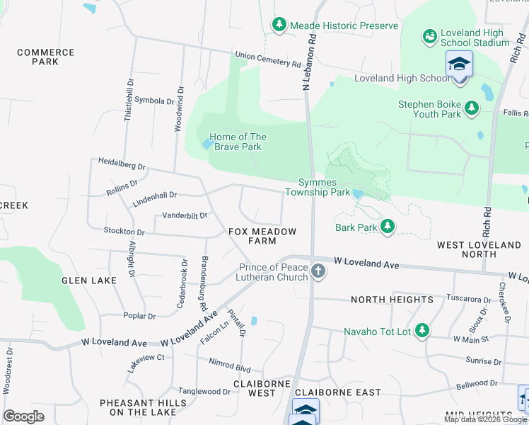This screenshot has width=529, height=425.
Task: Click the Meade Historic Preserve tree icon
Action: (x=279, y=25)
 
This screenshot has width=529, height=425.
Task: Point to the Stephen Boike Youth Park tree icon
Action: (x=471, y=108)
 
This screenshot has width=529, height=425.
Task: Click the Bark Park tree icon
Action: (x=387, y=227)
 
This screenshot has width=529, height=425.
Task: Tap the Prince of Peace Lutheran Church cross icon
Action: (x=318, y=271)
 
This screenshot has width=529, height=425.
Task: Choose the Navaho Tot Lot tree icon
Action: (x=422, y=331)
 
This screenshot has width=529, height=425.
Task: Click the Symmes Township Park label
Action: (x=318, y=187)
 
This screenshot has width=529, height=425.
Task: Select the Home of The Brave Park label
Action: (x=238, y=142)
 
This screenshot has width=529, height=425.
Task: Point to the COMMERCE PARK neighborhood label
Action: (x=45, y=57)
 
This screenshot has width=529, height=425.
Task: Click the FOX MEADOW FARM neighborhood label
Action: (x=262, y=236)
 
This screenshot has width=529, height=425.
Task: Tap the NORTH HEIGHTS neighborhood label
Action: (x=392, y=300)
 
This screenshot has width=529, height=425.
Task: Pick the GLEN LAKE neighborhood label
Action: (x=89, y=280)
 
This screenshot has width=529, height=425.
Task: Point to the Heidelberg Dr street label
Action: (x=122, y=165)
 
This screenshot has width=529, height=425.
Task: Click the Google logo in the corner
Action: (x=23, y=416)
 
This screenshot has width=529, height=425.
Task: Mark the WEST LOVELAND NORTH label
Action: (x=479, y=249)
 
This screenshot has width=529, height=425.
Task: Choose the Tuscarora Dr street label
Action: (x=467, y=299)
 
